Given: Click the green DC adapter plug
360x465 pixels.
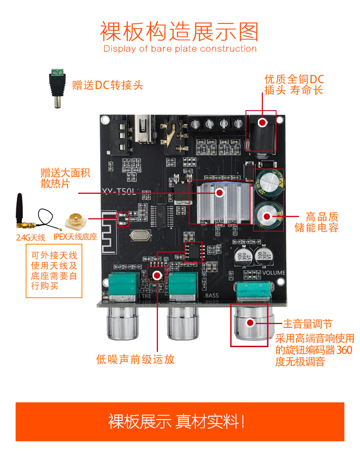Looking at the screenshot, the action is (57, 88).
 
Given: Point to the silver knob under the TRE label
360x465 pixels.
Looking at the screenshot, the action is (122, 323).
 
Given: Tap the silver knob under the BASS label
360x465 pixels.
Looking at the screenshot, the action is (183, 323).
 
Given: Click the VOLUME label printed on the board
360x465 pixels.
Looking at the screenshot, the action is (274, 273).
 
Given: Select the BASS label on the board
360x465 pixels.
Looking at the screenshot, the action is (212, 295).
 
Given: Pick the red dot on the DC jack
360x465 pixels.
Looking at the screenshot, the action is (262, 122).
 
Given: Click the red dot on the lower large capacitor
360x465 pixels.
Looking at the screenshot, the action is (267, 216).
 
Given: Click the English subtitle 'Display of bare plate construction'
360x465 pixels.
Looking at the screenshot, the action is (180, 49).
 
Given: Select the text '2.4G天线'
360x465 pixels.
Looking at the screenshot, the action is (31, 237).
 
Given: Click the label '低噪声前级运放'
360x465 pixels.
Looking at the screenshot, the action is (135, 359).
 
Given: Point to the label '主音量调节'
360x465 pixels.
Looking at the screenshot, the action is (308, 324).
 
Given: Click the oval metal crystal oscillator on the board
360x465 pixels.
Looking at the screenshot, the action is (140, 236).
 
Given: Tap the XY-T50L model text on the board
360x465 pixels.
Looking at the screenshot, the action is (119, 192).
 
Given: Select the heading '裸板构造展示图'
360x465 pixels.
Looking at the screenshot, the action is (180, 31).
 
